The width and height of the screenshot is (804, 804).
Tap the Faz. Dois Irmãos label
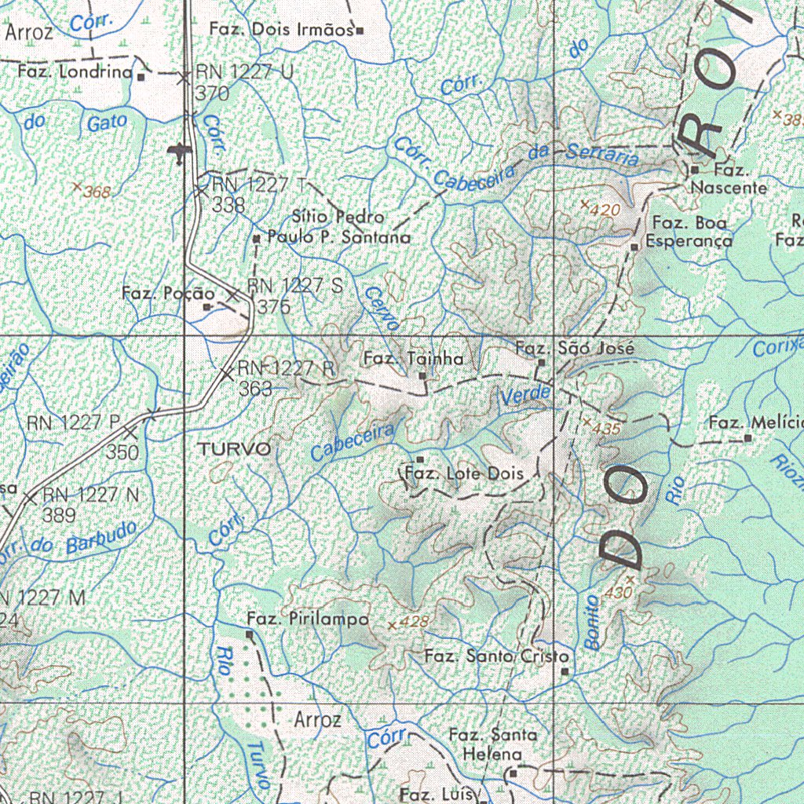point(281,30)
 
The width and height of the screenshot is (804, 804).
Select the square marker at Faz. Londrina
point(141,77)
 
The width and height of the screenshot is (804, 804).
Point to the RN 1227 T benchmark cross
point(202,189)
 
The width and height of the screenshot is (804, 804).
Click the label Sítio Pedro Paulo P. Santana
point(338,227)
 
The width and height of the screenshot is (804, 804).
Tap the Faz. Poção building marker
point(206,307)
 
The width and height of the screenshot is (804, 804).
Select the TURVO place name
point(235,450)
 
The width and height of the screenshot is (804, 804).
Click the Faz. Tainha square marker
point(422,376)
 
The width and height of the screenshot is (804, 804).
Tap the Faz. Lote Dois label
point(470,473)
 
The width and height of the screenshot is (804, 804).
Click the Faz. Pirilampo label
point(307,619)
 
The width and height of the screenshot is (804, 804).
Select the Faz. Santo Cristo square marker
point(565,671)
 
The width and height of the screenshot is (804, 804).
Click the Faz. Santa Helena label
point(493,744)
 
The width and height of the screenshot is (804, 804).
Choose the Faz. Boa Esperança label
point(689,232)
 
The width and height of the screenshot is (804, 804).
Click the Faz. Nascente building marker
point(694,169)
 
